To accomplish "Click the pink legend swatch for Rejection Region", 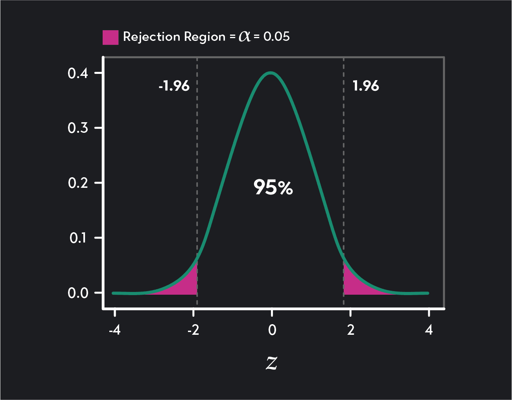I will (x=110, y=37).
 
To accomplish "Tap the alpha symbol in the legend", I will (x=245, y=37).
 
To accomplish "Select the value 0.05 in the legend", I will (x=276, y=37).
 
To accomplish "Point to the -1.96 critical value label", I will (x=174, y=86).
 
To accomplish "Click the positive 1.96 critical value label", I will (x=366, y=86).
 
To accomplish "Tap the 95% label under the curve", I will (x=273, y=187).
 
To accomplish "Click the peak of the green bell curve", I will (x=271, y=73).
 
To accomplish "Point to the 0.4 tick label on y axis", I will (x=78, y=73).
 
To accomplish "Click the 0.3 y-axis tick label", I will (x=78, y=128).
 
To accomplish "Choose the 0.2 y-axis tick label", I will (x=78, y=183).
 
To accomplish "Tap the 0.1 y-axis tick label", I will (x=79, y=238).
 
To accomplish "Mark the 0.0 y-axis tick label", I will (x=78, y=293).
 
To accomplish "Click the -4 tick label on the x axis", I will (x=114, y=330).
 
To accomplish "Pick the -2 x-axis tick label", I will (x=193, y=330).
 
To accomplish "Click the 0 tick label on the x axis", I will (x=272, y=330).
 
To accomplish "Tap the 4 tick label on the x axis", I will (x=429, y=330).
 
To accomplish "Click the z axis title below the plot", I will (x=271, y=363).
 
